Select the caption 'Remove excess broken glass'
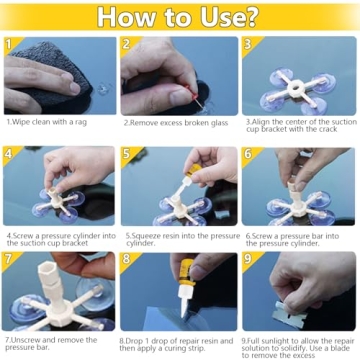click(177, 121)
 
